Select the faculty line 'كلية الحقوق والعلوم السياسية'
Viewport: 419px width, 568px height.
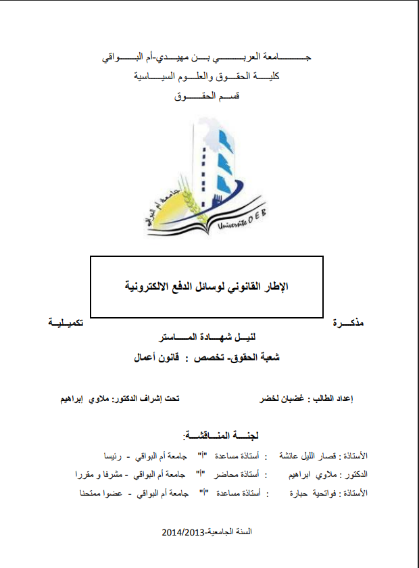(x=207, y=77)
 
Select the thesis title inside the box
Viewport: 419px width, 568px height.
(x=207, y=285)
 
